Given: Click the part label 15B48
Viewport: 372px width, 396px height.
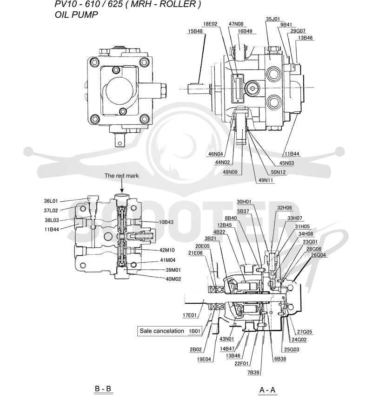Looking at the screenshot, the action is [x=195, y=31].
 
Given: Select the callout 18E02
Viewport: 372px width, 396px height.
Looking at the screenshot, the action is [x=210, y=24].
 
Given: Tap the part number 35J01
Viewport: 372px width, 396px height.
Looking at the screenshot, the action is [x=273, y=19].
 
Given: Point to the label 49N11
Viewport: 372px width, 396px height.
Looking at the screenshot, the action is [x=266, y=181].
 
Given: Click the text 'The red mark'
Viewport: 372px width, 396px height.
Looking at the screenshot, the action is [x=121, y=176].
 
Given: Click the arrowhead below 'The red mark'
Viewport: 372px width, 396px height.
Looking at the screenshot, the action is [x=122, y=191].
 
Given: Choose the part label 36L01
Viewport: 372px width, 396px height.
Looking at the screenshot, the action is [x=51, y=201].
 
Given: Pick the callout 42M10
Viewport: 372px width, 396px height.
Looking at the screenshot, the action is [x=167, y=250].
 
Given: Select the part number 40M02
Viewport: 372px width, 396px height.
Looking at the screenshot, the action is [x=173, y=280].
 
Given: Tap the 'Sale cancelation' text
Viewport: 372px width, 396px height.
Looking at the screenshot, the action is [x=162, y=331].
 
